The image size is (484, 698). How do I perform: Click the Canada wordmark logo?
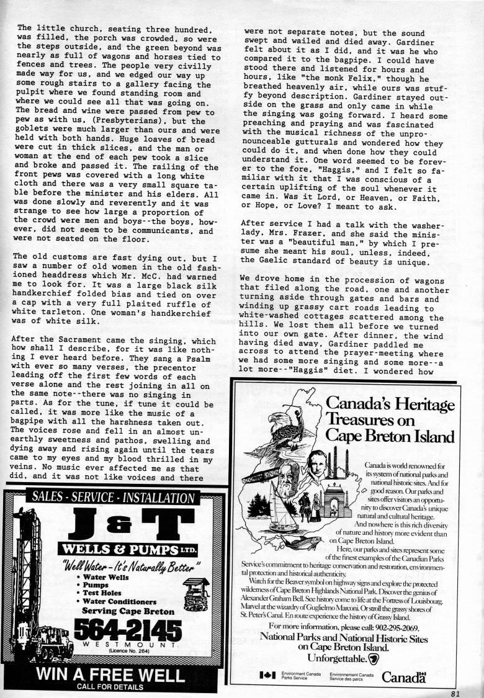[x=404, y=676]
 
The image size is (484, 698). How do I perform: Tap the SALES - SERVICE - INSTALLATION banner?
[x=113, y=497]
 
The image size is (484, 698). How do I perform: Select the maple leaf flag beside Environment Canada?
[x=267, y=675]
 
